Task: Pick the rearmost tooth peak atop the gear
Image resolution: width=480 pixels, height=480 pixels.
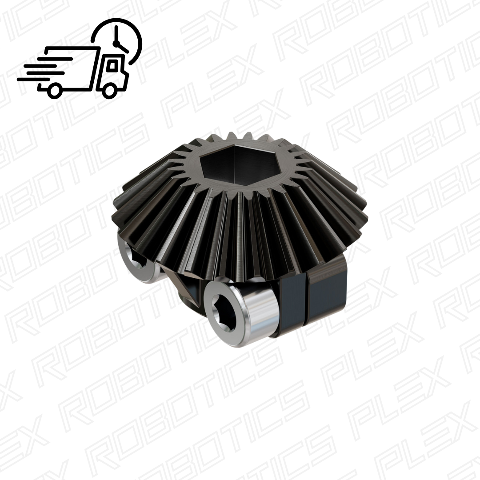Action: tap(231, 132)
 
